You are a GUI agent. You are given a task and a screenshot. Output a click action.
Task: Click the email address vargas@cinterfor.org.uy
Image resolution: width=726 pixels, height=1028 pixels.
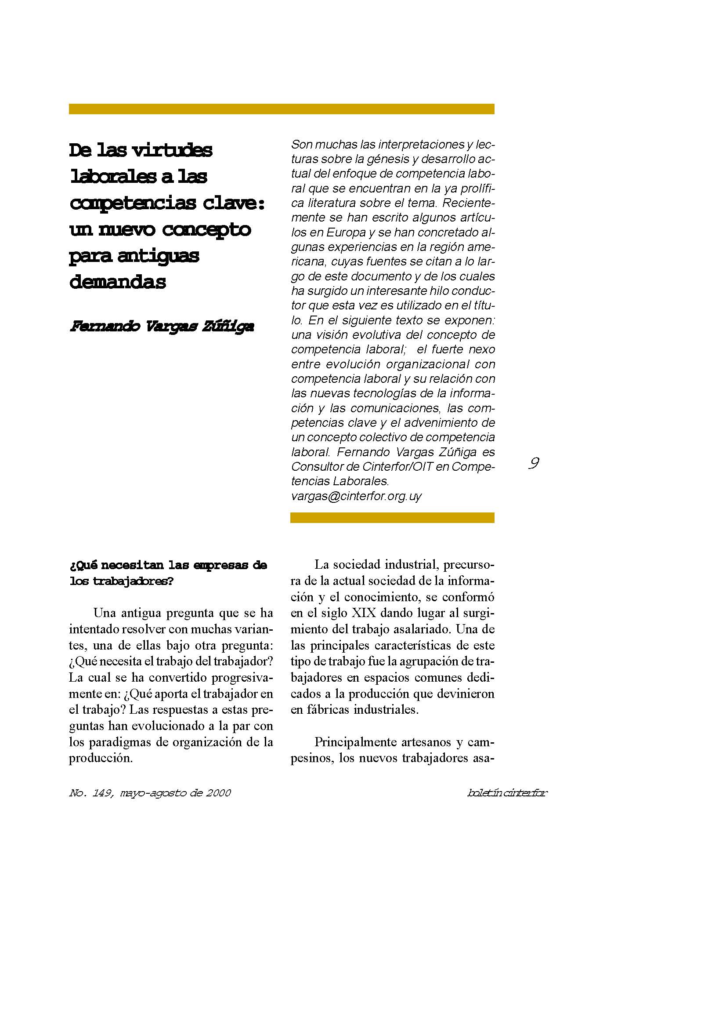357,496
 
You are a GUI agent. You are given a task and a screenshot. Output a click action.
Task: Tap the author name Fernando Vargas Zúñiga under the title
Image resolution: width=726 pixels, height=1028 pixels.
162,327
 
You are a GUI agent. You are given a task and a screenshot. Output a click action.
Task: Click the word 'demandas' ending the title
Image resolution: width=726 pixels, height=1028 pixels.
118,282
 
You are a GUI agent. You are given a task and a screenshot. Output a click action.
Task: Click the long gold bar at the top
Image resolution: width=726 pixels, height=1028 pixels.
282,109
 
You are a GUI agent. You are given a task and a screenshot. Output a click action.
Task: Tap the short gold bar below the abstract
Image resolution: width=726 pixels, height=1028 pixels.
392,518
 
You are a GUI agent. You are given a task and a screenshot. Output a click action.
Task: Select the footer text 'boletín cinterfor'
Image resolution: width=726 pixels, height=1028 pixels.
507,793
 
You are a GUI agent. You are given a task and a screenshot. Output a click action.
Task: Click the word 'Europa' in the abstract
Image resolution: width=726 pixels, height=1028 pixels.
346,233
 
